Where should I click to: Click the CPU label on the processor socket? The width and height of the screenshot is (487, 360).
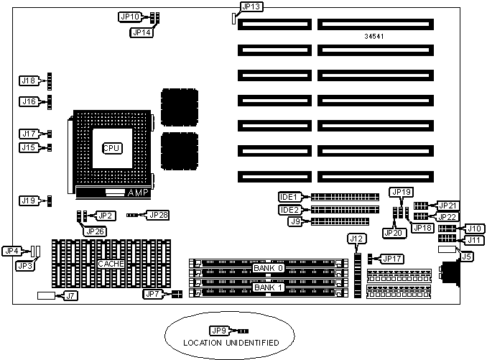click(x=111, y=147)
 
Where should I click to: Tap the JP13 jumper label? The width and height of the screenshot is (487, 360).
click(x=252, y=6)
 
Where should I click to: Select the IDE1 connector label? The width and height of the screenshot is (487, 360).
click(x=289, y=196)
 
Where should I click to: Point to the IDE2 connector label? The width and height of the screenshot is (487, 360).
click(x=289, y=209)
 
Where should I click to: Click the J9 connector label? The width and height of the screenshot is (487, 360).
click(x=294, y=221)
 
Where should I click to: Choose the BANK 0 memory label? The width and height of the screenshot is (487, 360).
click(x=269, y=268)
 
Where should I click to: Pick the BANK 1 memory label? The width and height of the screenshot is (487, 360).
click(x=269, y=287)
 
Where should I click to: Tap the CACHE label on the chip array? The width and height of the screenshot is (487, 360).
click(x=111, y=264)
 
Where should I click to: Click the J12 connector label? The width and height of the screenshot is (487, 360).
click(x=357, y=238)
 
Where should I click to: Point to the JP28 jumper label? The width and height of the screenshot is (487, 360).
click(x=158, y=214)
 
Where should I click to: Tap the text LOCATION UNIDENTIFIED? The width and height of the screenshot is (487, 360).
click(x=231, y=343)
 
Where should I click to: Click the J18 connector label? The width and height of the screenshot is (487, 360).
click(x=29, y=80)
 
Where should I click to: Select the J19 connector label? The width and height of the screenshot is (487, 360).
click(x=29, y=200)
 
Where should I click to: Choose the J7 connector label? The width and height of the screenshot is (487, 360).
click(x=70, y=295)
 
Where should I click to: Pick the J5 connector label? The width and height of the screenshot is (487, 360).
click(x=466, y=255)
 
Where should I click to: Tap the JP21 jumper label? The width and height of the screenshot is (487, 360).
click(x=447, y=206)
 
